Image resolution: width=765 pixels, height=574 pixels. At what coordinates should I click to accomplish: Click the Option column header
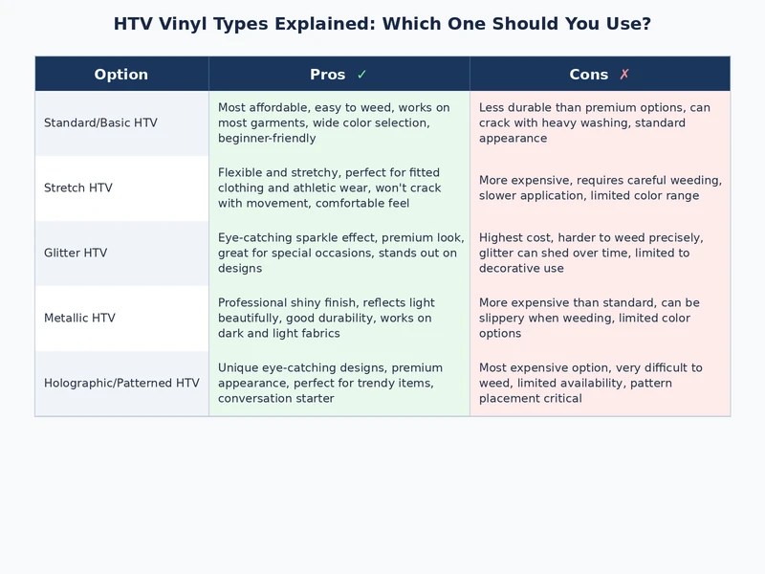point(121,75)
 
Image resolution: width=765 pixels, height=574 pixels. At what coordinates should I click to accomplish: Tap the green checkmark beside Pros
point(361,75)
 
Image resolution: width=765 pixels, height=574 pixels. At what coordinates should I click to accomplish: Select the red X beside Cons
point(624,75)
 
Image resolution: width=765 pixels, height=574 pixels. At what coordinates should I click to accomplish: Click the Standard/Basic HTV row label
point(100,122)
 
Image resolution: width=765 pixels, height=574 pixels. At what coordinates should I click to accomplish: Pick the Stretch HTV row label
point(78,188)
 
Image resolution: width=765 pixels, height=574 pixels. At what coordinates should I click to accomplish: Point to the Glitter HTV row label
point(76,253)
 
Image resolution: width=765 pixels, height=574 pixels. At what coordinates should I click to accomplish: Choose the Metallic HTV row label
point(79,318)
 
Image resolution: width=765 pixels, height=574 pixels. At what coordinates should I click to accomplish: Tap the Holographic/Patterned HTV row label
point(121,383)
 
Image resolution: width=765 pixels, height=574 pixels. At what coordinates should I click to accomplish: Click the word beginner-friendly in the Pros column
point(267,138)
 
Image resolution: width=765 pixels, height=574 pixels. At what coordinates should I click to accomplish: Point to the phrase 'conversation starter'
point(276,398)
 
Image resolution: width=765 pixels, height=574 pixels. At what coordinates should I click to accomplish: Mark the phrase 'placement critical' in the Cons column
point(531,398)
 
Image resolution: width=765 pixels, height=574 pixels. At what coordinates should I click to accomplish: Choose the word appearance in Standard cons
point(513,138)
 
